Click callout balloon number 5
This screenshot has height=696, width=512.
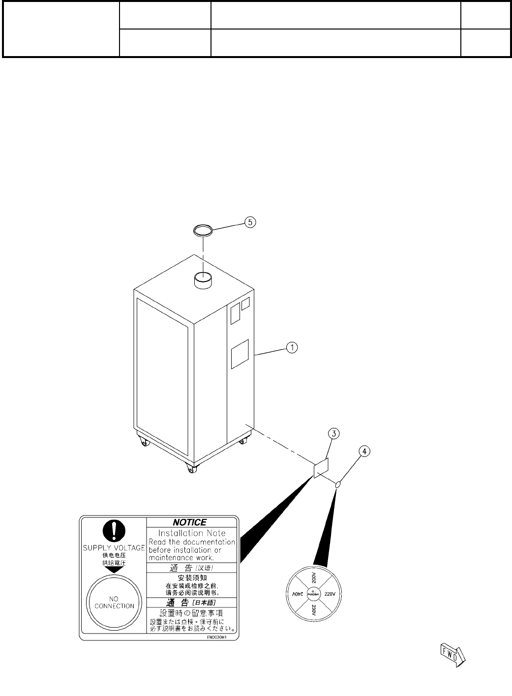tap(250, 222)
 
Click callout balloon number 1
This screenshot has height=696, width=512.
tap(292, 348)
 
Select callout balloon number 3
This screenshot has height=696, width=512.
tap(333, 433)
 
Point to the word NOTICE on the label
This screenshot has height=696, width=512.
tap(189, 522)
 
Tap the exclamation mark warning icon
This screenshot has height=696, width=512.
tap(114, 531)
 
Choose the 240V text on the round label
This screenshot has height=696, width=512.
tap(296, 594)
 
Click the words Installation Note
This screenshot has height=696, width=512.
tap(192, 533)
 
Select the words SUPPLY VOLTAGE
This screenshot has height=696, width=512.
tap(114, 548)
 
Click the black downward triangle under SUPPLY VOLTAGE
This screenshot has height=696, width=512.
tap(114, 569)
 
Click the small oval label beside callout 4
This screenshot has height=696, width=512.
tap(338, 485)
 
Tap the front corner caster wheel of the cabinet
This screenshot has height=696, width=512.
tap(191, 470)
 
